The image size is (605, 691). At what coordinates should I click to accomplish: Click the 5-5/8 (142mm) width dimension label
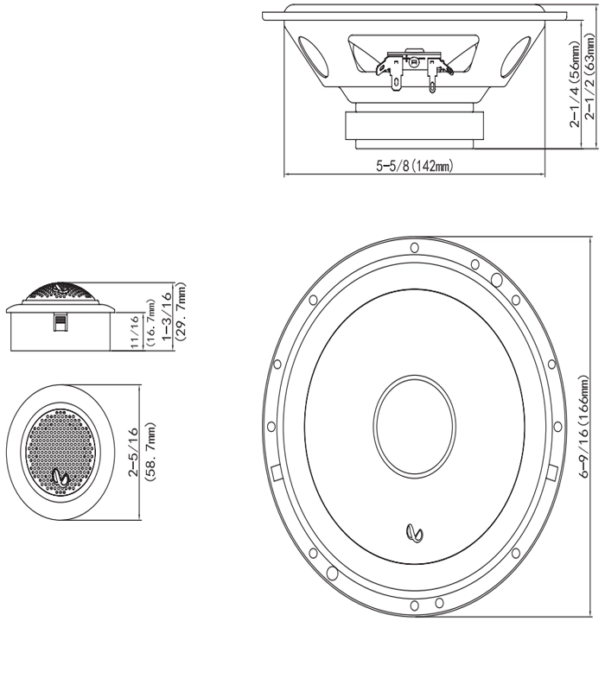(x=414, y=166)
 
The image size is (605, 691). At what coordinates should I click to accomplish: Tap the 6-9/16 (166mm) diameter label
(x=585, y=427)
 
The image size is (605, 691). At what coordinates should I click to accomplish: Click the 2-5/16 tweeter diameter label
(x=134, y=452)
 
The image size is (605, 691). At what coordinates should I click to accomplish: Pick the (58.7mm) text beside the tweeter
(x=150, y=452)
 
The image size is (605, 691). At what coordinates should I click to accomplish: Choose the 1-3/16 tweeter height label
(x=167, y=315)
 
